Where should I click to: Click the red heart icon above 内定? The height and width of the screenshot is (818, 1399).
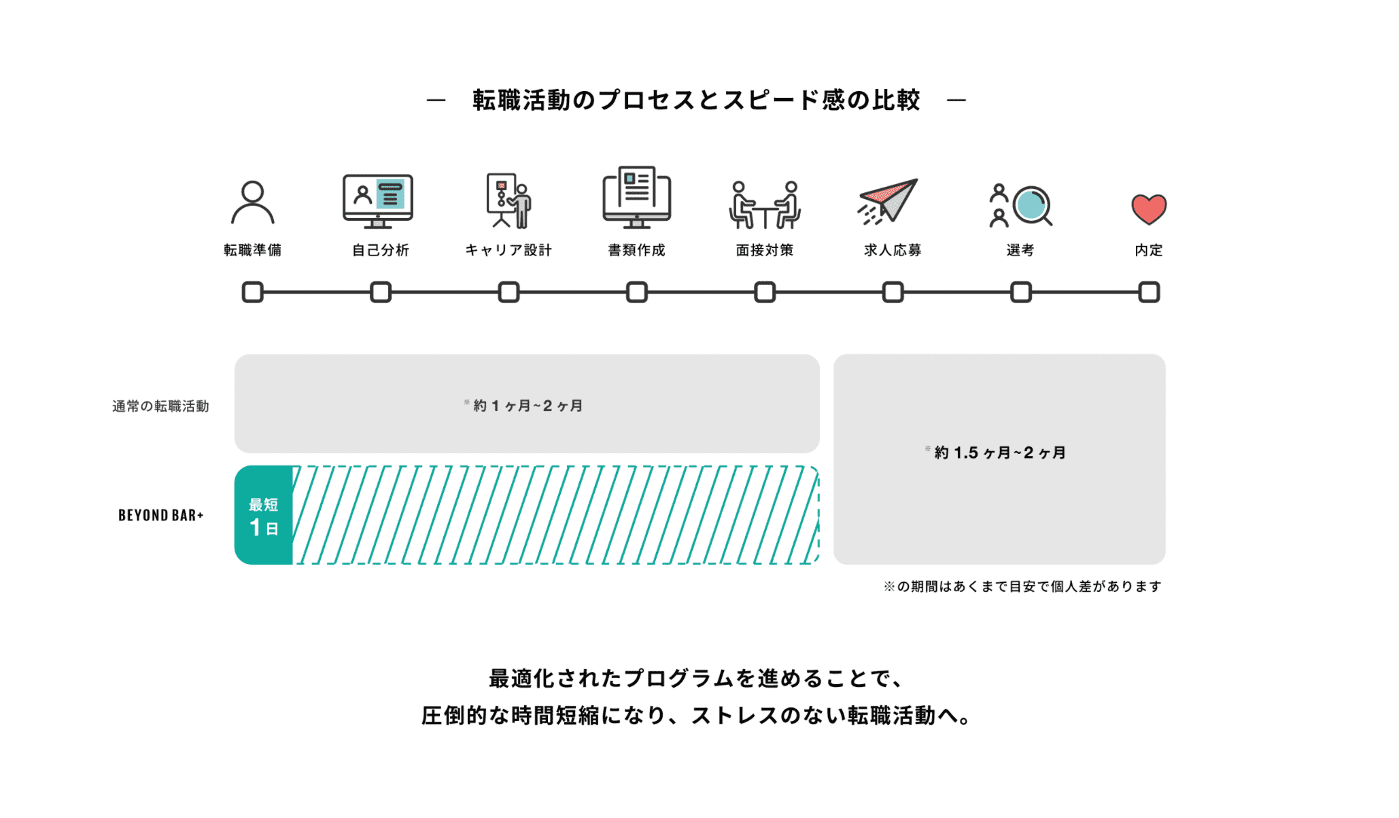click(1148, 209)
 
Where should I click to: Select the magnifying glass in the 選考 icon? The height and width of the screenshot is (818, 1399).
click(1032, 205)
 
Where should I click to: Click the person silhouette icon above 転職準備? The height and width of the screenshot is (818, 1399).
click(252, 202)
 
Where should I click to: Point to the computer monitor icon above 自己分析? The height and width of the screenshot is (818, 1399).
click(378, 200)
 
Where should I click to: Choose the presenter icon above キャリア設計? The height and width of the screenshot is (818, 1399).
click(508, 200)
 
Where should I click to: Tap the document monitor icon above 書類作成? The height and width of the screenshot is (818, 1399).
click(636, 197)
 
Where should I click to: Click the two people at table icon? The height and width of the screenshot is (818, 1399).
click(765, 204)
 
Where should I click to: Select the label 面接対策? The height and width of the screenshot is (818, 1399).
click(765, 250)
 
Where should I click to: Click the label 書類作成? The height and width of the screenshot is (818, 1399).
click(636, 250)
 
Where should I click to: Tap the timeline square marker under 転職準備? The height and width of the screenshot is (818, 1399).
click(252, 292)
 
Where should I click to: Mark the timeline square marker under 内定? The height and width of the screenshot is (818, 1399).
click(1149, 292)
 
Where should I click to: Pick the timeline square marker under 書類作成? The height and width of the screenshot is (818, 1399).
click(637, 292)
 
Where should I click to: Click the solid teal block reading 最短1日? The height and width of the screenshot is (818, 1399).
click(264, 515)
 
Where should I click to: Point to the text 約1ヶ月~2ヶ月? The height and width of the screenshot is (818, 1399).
click(527, 406)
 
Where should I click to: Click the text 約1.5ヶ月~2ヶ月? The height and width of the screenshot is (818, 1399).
click(999, 452)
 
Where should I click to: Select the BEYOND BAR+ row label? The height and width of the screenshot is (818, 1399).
click(161, 515)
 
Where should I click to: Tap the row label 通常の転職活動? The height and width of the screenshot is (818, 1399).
click(160, 406)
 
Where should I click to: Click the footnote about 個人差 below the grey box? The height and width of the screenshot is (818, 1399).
click(1022, 586)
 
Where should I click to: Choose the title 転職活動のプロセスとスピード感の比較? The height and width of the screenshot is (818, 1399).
click(696, 101)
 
